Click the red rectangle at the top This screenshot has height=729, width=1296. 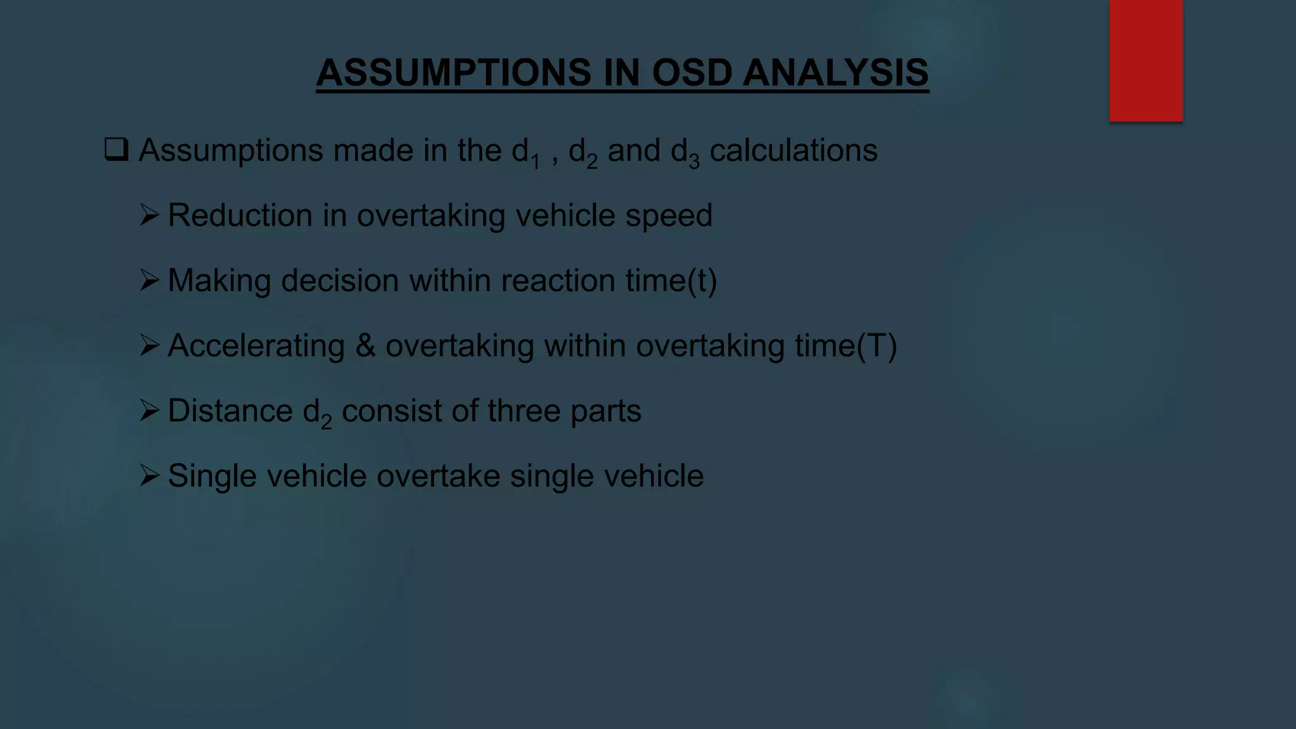[x=1145, y=60]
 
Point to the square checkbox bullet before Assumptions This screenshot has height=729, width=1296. [x=116, y=150]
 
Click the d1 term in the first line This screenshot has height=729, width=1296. [x=525, y=153]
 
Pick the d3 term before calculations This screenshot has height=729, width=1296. [x=685, y=153]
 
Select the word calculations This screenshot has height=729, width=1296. [x=794, y=151]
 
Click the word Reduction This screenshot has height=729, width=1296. [x=240, y=216]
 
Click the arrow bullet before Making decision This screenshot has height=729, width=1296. [x=149, y=280]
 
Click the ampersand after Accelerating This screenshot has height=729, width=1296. [x=365, y=346]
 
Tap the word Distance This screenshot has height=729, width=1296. [x=230, y=411]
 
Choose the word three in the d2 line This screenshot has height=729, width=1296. [x=524, y=411]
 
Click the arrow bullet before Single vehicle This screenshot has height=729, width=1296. [x=149, y=476]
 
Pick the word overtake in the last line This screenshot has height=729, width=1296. [x=438, y=476]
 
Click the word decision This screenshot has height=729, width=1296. [x=340, y=281]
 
